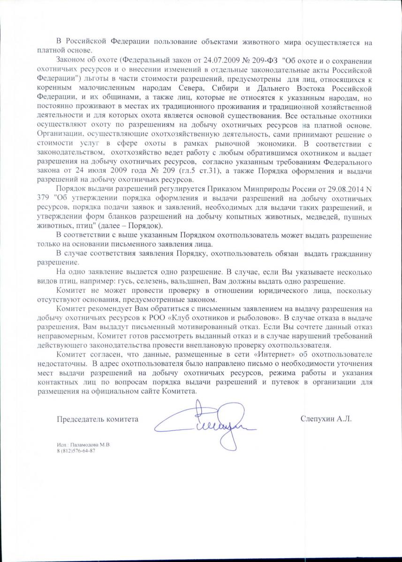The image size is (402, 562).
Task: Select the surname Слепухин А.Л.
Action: pyautogui.click(x=326, y=420)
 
